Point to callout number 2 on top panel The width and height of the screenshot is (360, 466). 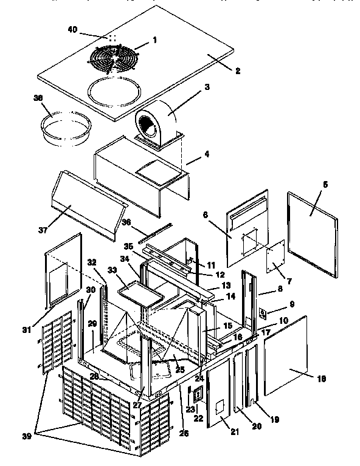[x=238, y=71]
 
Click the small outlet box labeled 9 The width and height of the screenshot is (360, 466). [x=264, y=314]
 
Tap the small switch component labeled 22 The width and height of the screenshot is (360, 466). [x=197, y=396]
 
